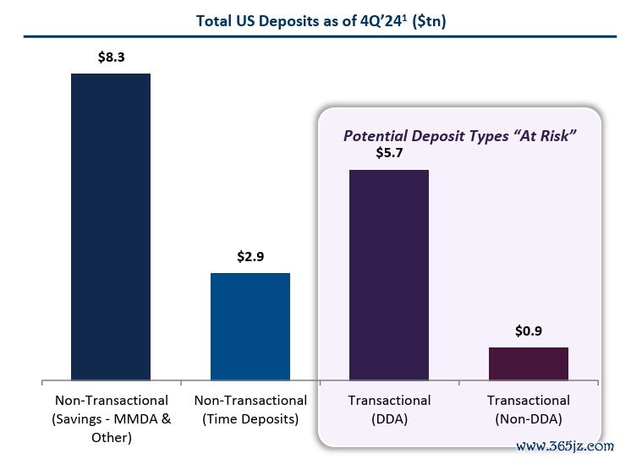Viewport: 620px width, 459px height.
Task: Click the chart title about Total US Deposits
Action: click(321, 21)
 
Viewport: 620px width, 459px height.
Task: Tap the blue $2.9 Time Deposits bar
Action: click(250, 326)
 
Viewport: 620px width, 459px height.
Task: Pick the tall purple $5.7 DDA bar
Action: click(389, 275)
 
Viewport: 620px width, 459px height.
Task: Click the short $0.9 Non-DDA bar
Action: click(529, 363)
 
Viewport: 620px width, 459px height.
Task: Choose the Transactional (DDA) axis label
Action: click(389, 408)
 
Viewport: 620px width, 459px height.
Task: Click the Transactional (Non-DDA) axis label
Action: click(529, 408)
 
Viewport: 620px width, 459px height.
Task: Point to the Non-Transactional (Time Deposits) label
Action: click(250, 408)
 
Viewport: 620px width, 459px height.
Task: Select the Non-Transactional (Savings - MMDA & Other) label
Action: click(111, 418)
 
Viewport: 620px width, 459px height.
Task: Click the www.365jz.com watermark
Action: click(563, 445)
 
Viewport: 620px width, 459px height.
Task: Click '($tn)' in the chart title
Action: click(427, 21)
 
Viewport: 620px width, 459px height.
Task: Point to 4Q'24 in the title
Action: click(376, 21)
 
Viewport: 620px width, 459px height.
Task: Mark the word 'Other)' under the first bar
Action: click(111, 438)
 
